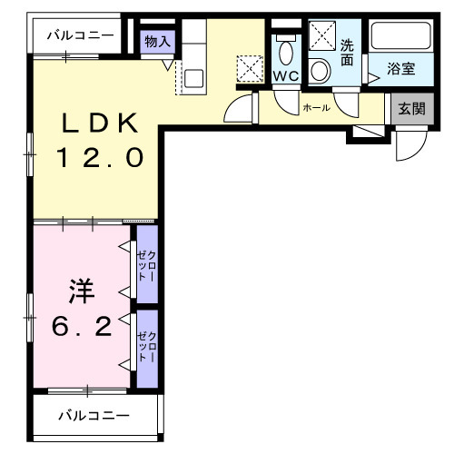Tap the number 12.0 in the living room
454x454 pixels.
(x=99, y=158)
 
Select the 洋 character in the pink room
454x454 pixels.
(x=80, y=291)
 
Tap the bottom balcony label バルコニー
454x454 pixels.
(x=94, y=416)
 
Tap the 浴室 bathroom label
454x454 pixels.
(x=403, y=68)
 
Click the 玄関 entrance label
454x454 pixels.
(x=410, y=110)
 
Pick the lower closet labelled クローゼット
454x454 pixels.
(x=147, y=349)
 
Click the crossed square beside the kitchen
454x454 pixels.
(x=248, y=69)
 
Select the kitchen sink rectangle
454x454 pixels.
(x=193, y=77)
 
